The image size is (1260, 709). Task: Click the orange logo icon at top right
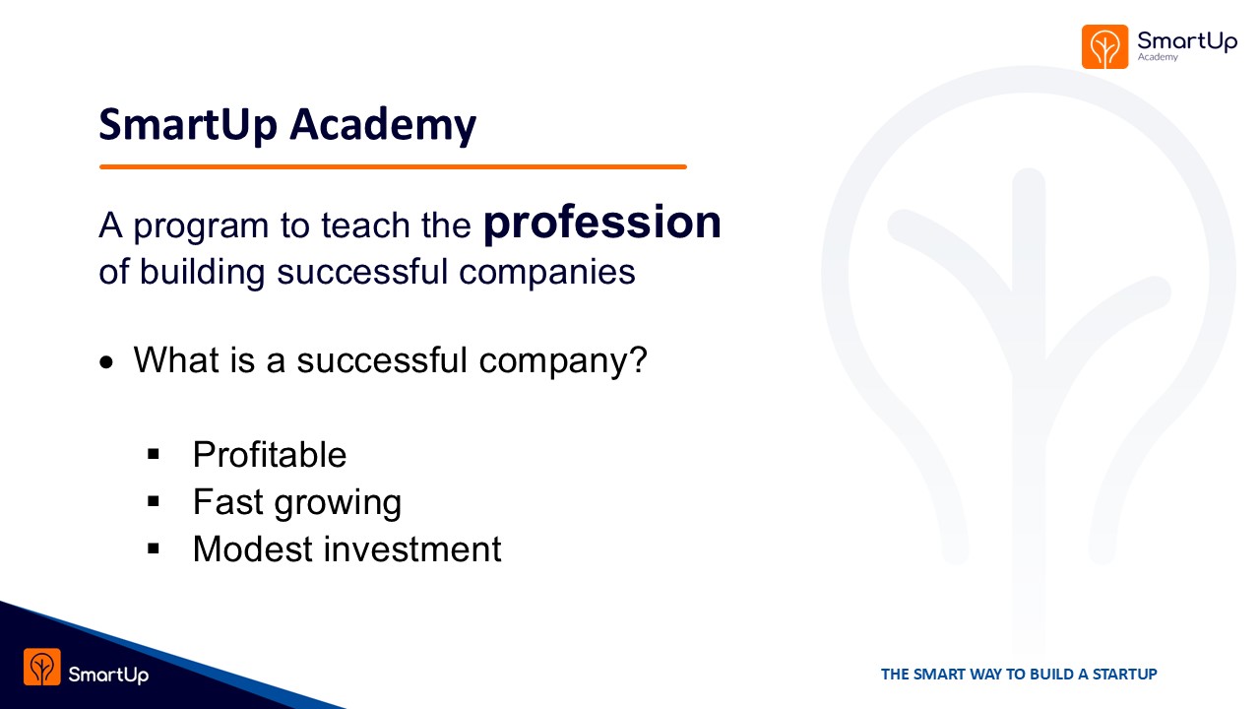1104,46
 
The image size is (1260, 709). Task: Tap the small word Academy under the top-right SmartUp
1158,57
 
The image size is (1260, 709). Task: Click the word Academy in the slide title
383,125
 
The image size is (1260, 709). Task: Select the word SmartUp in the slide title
188,125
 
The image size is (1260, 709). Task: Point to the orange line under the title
393,166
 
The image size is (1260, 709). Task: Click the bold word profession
601,225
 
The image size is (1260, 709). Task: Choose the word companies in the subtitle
546,272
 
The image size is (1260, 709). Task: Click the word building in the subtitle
202,273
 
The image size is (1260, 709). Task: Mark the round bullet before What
106,363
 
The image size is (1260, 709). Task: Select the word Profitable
270,454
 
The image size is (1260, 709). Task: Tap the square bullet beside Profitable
153,454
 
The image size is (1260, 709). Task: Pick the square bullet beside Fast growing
153,501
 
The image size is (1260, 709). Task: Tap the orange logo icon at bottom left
42,667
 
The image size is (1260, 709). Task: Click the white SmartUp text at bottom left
108,675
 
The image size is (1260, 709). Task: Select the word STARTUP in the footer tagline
1125,675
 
